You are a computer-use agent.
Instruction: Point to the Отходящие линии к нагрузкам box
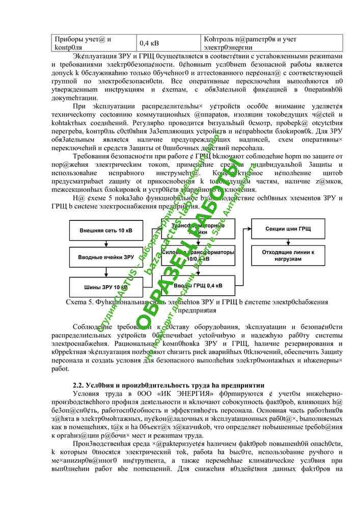(x=288, y=255)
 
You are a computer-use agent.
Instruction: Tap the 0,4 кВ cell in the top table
(x=149, y=43)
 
